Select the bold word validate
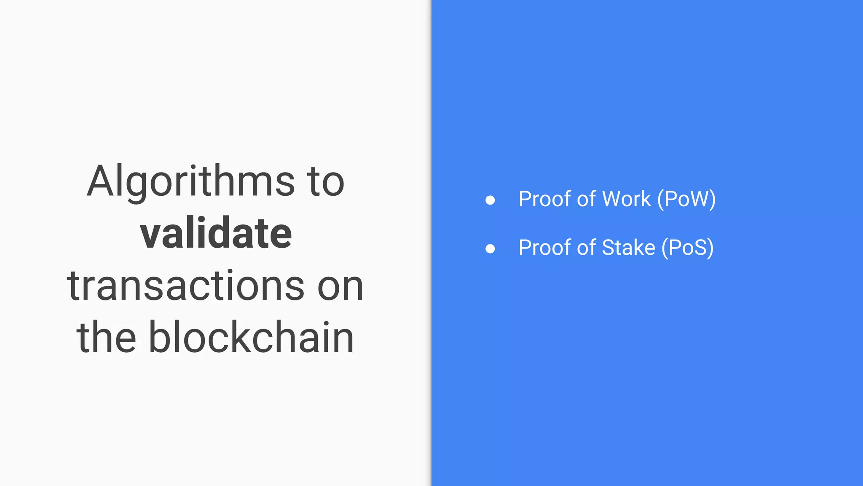[216, 233]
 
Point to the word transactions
[185, 286]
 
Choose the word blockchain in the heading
[251, 337]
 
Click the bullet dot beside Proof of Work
[490, 200]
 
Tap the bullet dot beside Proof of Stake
[490, 248]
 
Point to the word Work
[627, 199]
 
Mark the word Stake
[628, 248]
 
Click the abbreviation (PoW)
[686, 199]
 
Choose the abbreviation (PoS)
[687, 248]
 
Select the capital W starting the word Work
[614, 199]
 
